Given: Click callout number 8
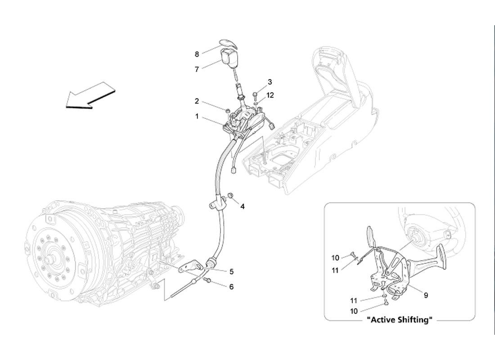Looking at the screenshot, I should coord(197,54).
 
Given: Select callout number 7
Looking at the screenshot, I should coord(197,70).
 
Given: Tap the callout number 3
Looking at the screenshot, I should coord(270,82).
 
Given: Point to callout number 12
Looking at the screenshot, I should coord(270,95).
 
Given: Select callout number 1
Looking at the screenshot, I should coord(197,116).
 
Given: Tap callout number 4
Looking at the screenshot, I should coord(243,207).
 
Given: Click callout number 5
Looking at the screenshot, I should coord(231,272).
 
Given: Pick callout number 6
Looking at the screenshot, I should coord(231,287).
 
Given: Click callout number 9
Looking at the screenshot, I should coord(425,296).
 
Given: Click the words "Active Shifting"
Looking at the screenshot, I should coord(400,320).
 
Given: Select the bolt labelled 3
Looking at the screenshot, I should coord(255,94).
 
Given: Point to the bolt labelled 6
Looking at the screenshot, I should coord(207,280).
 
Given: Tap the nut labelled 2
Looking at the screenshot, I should coord(228,110).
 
